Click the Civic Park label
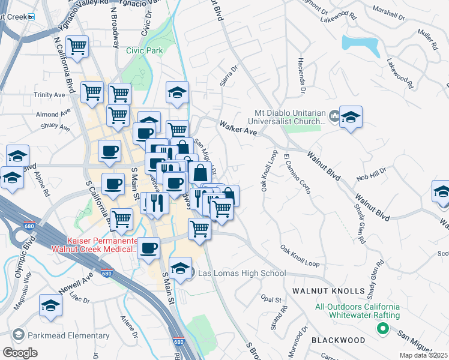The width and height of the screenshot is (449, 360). click(145, 50)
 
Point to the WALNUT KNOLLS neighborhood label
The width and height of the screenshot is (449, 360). click(328, 291)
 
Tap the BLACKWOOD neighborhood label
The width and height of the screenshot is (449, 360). click(338, 340)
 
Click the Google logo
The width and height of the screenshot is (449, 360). click(20, 353)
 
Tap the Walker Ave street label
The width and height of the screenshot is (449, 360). click(238, 128)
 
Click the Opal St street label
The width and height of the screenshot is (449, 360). click(271, 299)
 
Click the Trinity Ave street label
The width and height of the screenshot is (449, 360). click(49, 95)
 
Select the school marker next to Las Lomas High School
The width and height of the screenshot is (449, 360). click(180, 268)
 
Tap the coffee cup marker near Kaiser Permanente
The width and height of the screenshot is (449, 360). click(149, 247)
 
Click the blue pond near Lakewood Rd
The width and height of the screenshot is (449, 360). click(360, 44)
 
